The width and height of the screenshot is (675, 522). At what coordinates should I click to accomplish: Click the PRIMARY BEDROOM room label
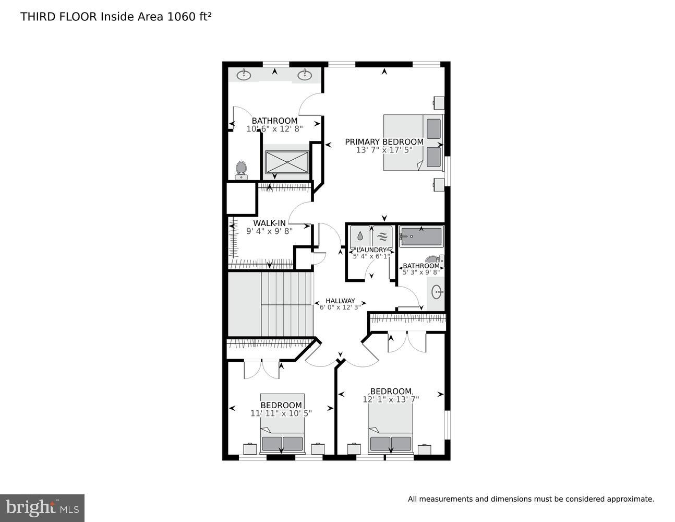384,141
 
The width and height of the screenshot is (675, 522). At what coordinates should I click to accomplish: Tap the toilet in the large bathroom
241,169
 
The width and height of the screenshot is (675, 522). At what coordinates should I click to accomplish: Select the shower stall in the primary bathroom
286,162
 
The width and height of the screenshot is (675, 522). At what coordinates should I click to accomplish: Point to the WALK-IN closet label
269,223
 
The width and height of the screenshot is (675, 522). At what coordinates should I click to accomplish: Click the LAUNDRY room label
371,250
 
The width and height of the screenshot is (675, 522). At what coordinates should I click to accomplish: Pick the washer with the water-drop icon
360,236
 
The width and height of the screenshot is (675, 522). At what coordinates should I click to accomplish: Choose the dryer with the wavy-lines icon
382,236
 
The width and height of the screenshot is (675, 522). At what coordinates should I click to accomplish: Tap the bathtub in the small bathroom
421,237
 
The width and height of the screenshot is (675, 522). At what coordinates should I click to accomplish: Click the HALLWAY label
340,301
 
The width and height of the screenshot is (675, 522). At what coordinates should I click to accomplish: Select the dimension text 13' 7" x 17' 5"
384,150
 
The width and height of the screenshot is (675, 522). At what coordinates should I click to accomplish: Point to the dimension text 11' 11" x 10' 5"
281,413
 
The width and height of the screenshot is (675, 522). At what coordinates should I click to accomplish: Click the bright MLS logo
42,507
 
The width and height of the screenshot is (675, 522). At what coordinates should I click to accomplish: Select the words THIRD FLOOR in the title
58,17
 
